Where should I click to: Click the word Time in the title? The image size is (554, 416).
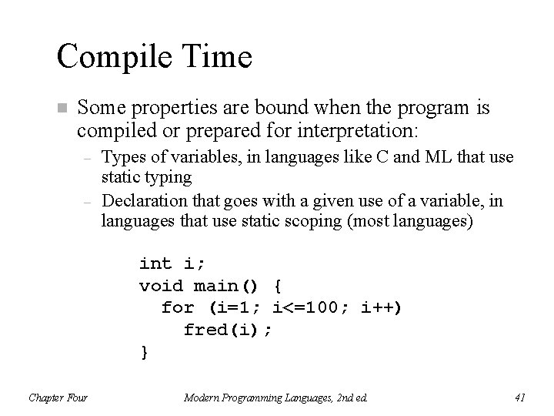pyautogui.click(x=218, y=56)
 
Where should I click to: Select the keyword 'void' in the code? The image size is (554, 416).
pyautogui.click(x=161, y=286)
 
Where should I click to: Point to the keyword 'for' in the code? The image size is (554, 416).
pyautogui.click(x=177, y=308)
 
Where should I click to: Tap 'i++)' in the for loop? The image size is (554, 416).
pyautogui.click(x=382, y=308)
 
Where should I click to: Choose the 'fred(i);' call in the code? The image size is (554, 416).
pyautogui.click(x=228, y=330)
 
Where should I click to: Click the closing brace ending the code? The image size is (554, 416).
pyautogui.click(x=143, y=352)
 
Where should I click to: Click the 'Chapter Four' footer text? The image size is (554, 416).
pyautogui.click(x=58, y=398)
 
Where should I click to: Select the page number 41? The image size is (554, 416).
pyautogui.click(x=519, y=398)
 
